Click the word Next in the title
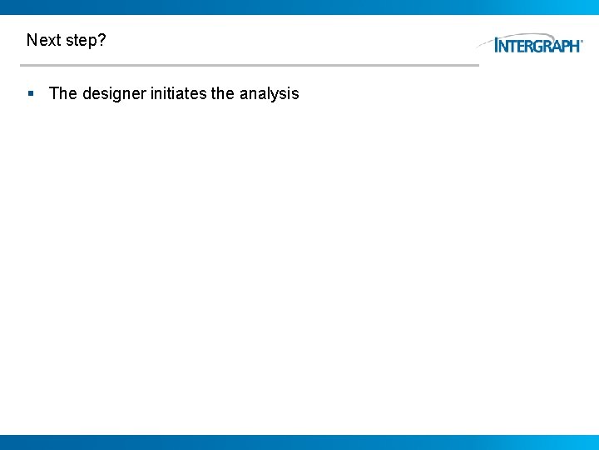pos(43,40)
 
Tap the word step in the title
pos(82,41)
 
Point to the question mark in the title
pos(102,40)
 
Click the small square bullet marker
pos(31,93)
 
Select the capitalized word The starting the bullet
pos(63,93)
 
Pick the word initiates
pos(178,93)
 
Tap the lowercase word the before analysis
pos(223,93)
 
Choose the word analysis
pos(269,93)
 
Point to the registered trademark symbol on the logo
pos(582,40)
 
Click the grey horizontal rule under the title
pos(250,65)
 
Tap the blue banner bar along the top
pos(299,7)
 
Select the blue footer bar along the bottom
pos(299,442)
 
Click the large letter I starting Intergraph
pos(498,45)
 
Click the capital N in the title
pos(32,40)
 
